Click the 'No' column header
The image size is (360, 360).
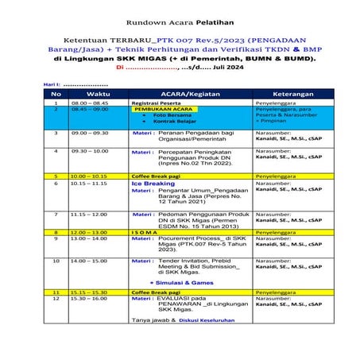tap(56, 94)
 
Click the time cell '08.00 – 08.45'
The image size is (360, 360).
tap(90, 103)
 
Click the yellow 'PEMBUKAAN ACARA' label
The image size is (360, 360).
tap(164, 110)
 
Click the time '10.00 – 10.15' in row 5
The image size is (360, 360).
tap(90, 176)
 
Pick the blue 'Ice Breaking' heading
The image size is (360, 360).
tap(153, 184)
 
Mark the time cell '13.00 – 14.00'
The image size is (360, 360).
tap(90, 238)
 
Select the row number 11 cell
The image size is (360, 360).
tap(56, 292)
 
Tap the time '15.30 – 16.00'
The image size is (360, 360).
tap(90, 299)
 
